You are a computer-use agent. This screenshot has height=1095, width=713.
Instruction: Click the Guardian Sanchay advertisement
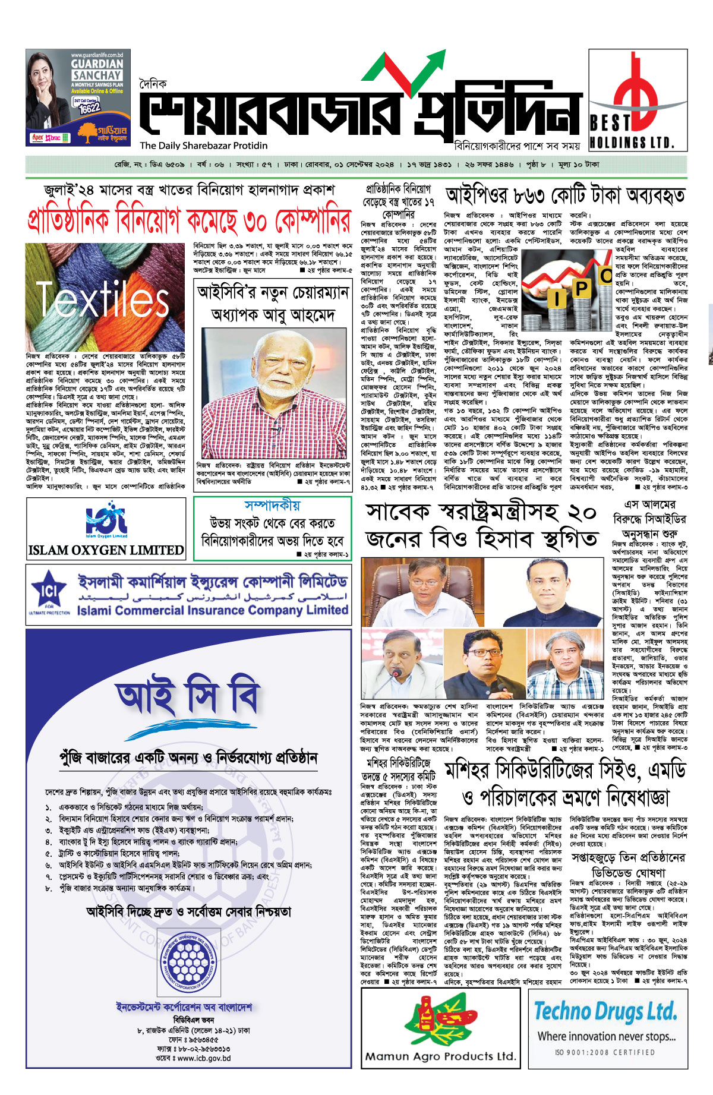click(x=78, y=97)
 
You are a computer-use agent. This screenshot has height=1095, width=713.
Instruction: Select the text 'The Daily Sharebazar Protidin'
click(x=204, y=146)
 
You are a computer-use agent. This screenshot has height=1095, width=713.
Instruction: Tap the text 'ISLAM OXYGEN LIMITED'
click(x=106, y=550)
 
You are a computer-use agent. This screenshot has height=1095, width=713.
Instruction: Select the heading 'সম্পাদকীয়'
click(x=272, y=506)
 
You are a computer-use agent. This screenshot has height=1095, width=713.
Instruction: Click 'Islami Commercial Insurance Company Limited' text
click(x=212, y=610)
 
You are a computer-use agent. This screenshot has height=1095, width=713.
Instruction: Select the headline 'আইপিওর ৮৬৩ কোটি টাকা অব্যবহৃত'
click(x=565, y=195)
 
